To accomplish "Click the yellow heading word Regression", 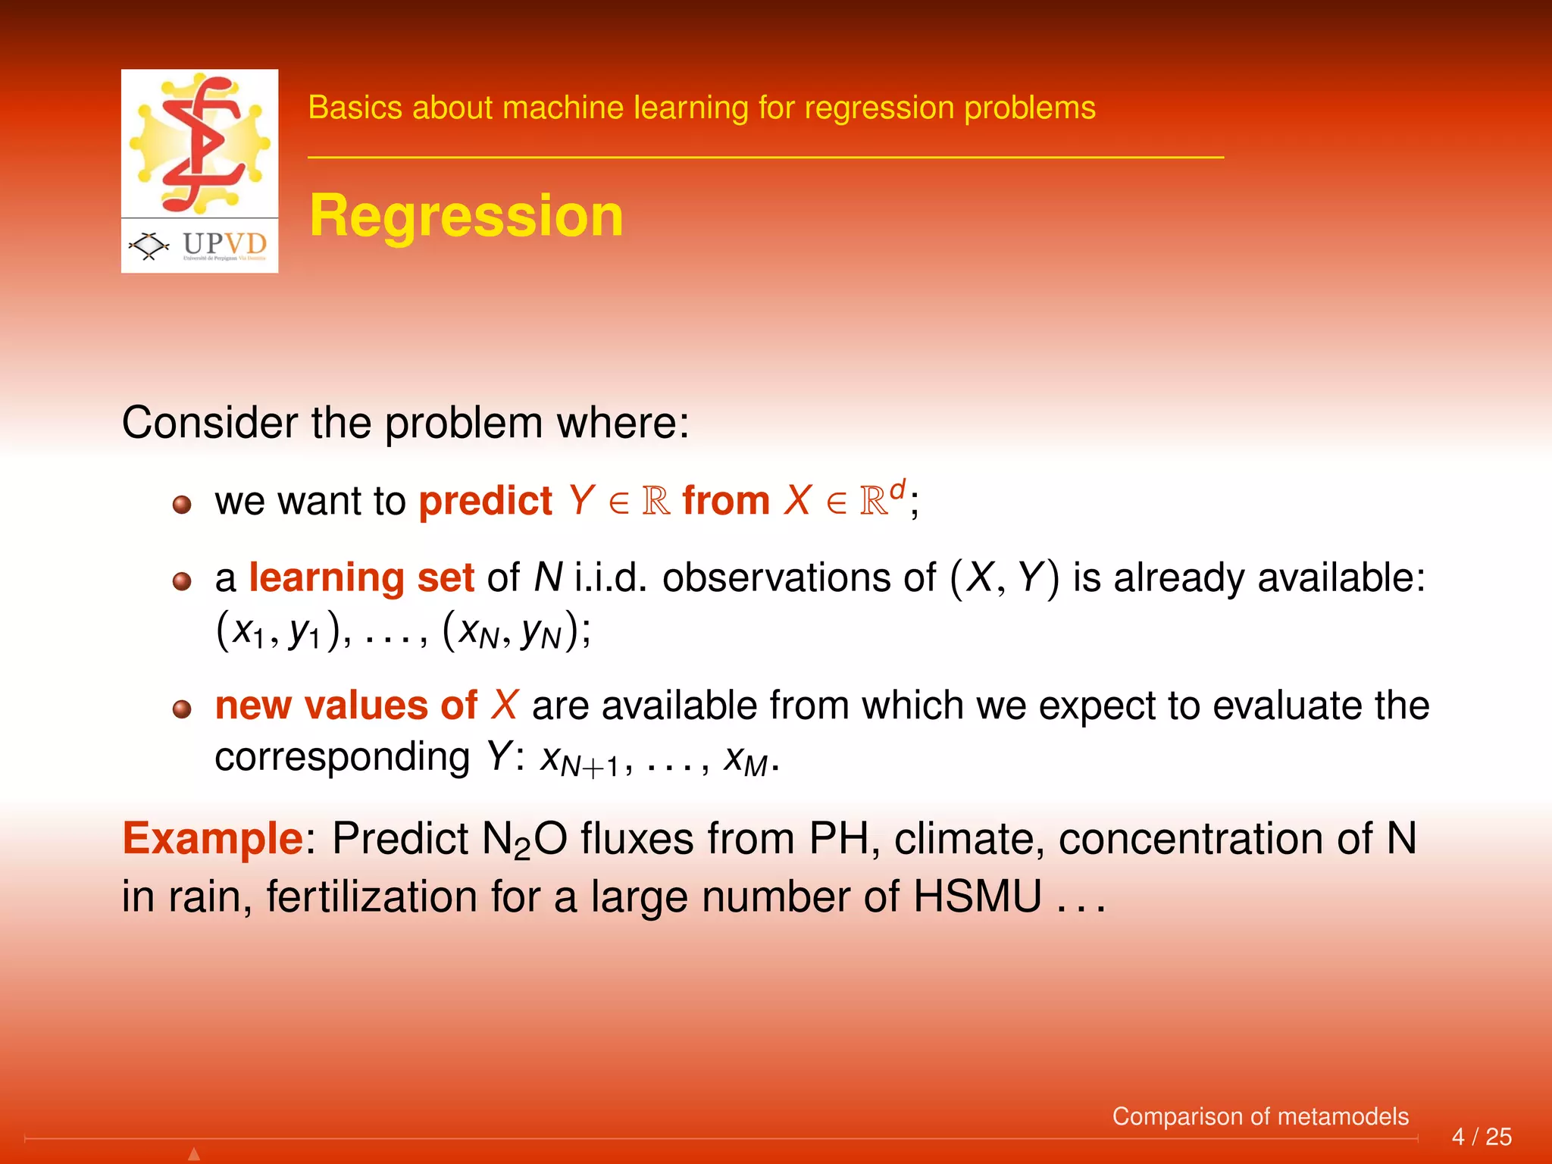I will click(466, 216).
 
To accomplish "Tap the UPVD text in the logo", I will click(224, 244).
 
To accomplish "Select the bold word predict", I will click(485, 502).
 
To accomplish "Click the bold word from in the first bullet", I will click(725, 502).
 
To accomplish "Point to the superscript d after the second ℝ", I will click(897, 490).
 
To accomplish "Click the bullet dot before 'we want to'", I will click(182, 505).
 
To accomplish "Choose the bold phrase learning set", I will click(361, 577).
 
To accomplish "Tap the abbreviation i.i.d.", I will click(611, 577).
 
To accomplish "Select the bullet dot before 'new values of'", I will click(182, 709).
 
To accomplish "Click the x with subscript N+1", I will click(579, 759).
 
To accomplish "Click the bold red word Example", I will click(213, 839).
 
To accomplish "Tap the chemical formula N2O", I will click(524, 840).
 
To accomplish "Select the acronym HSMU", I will click(977, 897).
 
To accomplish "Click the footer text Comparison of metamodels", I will click(1259, 1116).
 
